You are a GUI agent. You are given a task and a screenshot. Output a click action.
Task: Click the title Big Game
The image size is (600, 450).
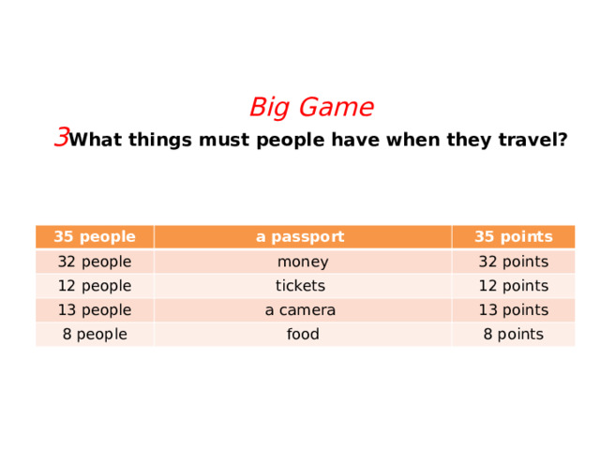[311, 108]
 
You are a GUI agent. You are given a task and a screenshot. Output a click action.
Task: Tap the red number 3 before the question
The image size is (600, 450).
[61, 138]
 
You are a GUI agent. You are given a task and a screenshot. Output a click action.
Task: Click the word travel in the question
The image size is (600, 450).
[532, 141]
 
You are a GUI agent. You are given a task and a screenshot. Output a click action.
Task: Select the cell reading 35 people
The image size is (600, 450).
[94, 236]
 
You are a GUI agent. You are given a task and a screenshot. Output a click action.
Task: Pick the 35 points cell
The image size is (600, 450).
[513, 236]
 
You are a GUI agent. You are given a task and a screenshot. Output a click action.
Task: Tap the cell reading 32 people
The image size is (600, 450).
[94, 262]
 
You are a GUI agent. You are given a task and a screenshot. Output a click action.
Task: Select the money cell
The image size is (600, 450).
[302, 262]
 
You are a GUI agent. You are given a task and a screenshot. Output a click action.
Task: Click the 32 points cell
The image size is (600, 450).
[513, 262]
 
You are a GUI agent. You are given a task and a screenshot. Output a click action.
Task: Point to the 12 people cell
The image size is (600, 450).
[94, 286]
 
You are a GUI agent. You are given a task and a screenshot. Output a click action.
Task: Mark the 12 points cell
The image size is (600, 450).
[513, 286]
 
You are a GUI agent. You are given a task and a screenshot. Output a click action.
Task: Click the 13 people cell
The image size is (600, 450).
[94, 310]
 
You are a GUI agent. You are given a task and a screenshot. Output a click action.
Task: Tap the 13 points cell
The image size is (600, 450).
[513, 310]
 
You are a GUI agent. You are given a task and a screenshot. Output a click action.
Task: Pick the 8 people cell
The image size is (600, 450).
[94, 334]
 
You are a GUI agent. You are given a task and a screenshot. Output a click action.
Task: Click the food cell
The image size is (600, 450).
[302, 334]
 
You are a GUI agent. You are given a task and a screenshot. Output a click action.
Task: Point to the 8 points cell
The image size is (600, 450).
[513, 334]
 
